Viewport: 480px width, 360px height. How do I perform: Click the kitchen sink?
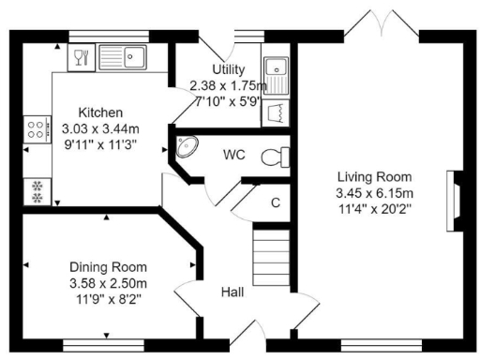(x=129, y=57)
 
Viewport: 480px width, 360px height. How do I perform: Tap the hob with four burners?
(x=37, y=128)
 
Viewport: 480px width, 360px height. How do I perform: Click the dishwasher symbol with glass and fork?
(x=79, y=57)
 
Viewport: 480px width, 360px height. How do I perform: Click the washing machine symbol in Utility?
(x=277, y=112)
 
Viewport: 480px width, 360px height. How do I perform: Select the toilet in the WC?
(x=274, y=155)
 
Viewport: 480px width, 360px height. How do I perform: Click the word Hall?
(x=232, y=292)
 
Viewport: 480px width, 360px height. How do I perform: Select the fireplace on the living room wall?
(x=454, y=198)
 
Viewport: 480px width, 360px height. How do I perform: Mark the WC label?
(x=234, y=153)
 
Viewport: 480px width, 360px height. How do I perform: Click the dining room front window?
(x=105, y=342)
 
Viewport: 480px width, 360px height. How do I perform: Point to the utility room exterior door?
(x=217, y=42)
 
